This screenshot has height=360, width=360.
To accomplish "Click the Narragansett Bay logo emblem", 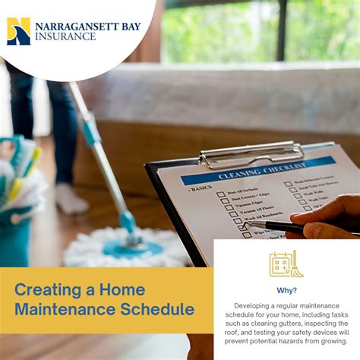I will click(x=18, y=30).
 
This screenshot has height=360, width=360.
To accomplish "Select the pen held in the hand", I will click(x=276, y=226).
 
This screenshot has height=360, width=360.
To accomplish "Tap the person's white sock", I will click(x=71, y=199).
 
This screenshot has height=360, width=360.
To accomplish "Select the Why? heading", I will click(x=286, y=289).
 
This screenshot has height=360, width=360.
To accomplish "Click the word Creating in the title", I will click(x=45, y=289).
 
